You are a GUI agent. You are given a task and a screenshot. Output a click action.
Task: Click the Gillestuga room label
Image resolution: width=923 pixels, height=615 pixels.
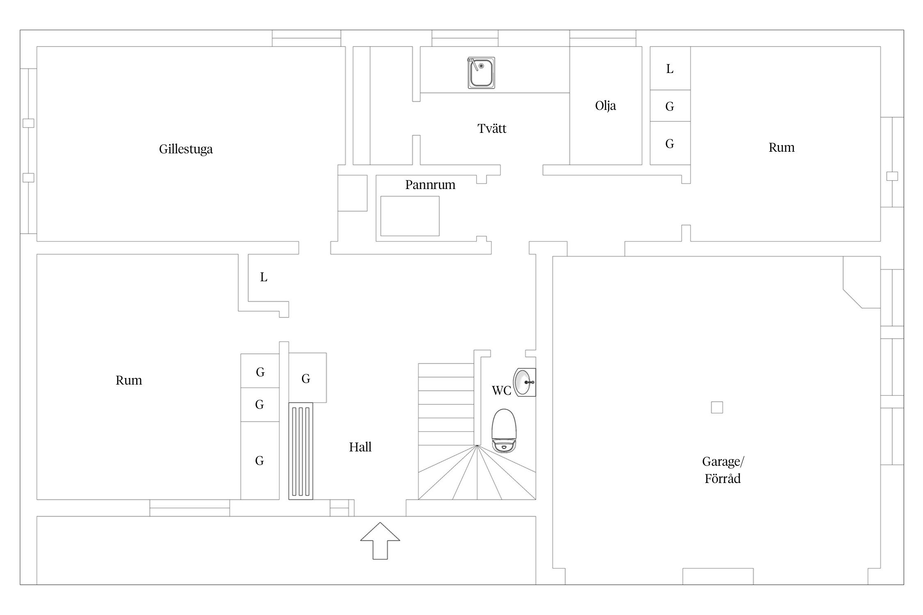[x=186, y=149]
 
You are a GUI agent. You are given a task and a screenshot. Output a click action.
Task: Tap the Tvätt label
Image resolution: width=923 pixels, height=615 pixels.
[x=492, y=129]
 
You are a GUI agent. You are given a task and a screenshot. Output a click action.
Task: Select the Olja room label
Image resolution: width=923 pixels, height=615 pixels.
[x=605, y=106]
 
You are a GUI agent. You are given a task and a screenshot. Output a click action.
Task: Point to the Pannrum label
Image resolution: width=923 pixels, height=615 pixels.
[x=430, y=185]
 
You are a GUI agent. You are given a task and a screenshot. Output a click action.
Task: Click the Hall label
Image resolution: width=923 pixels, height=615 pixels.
[x=360, y=447]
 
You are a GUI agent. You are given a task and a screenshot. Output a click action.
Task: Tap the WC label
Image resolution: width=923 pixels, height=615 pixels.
[x=501, y=391]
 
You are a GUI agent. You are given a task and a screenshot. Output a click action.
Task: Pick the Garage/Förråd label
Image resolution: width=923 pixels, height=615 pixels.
[x=723, y=470]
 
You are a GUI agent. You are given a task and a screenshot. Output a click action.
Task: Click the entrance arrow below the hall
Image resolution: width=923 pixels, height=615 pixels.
[x=380, y=541]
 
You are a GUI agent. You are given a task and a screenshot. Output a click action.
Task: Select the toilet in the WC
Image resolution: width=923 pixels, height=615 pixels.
[x=504, y=430]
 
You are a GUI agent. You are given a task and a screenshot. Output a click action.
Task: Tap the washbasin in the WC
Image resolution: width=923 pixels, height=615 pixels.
[x=524, y=382]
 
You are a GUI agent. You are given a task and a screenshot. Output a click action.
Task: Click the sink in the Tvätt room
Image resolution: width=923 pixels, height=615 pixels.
[x=481, y=73]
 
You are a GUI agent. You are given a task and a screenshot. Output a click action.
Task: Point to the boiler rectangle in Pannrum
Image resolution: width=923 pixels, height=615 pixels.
[x=410, y=216]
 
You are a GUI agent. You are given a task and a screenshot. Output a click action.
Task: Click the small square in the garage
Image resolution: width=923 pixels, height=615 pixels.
[x=717, y=407]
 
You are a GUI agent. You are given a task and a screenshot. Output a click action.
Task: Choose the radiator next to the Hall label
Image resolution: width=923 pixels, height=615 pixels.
[x=301, y=451]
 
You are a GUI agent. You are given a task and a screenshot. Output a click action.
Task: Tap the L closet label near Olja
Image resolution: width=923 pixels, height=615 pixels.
[x=670, y=69]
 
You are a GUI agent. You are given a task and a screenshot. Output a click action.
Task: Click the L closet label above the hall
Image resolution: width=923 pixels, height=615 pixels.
[x=264, y=278]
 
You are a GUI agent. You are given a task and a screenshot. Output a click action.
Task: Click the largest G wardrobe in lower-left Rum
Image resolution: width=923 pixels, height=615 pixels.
[x=260, y=460]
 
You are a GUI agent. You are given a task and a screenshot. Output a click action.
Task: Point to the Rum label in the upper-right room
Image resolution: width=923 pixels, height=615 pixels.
[x=781, y=148]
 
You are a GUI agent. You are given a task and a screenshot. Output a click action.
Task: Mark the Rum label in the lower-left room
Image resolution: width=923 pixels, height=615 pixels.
[x=129, y=380]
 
